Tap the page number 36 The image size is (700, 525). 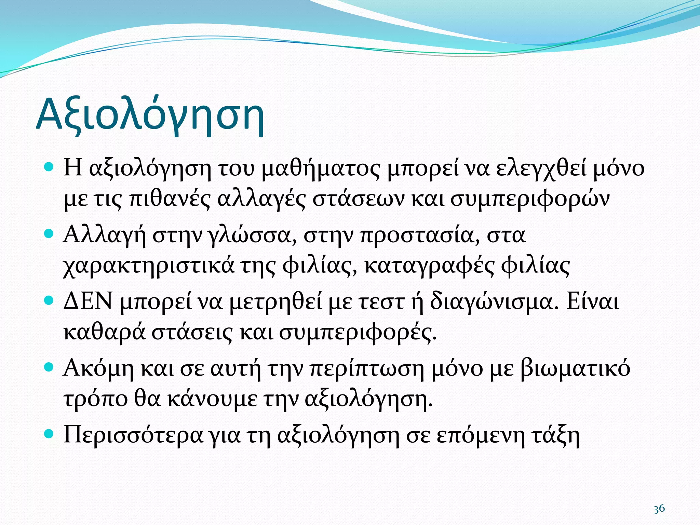click(659, 509)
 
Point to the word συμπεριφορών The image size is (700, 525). click(530, 199)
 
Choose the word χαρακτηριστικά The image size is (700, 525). click(149, 266)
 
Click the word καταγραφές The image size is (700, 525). click(429, 266)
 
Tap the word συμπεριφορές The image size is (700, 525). click(358, 332)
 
